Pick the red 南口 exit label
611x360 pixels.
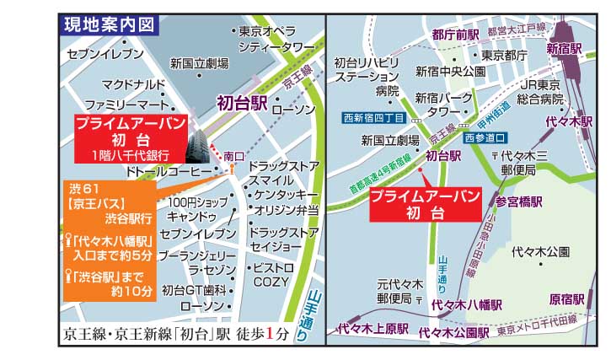(233, 156)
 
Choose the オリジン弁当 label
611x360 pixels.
(286, 211)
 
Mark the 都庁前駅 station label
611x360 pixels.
(455, 35)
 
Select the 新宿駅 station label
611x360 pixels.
(564, 47)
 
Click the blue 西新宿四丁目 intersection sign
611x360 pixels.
(375, 118)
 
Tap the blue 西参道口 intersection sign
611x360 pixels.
(486, 137)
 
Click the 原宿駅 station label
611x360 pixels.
(567, 298)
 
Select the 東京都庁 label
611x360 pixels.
(505, 56)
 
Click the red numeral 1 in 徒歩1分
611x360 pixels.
(271, 332)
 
